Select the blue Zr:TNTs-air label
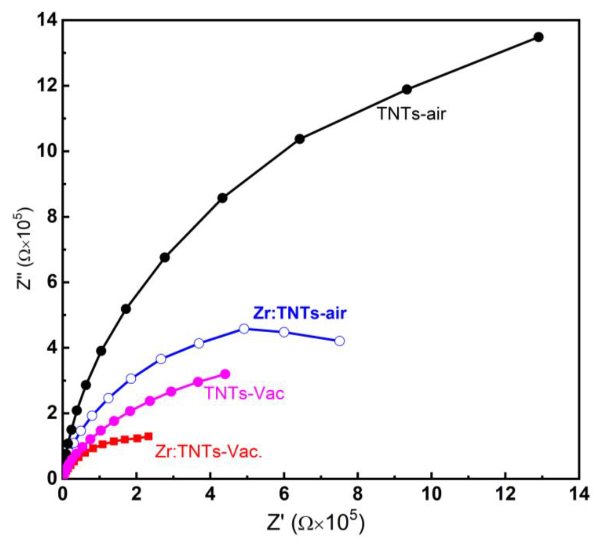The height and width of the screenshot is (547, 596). click(299, 313)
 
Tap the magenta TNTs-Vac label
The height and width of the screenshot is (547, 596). click(245, 393)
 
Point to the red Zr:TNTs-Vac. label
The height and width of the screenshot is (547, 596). click(209, 452)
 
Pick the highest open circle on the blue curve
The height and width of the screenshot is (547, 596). click(244, 329)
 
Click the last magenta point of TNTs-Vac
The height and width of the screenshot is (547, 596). click(225, 374)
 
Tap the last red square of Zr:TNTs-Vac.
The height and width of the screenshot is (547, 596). click(149, 436)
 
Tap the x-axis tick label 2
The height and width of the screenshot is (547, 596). click(136, 495)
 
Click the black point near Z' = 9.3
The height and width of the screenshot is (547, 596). click(407, 89)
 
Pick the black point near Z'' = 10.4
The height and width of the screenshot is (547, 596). click(300, 139)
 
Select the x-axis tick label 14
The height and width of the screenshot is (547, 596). click(579, 495)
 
